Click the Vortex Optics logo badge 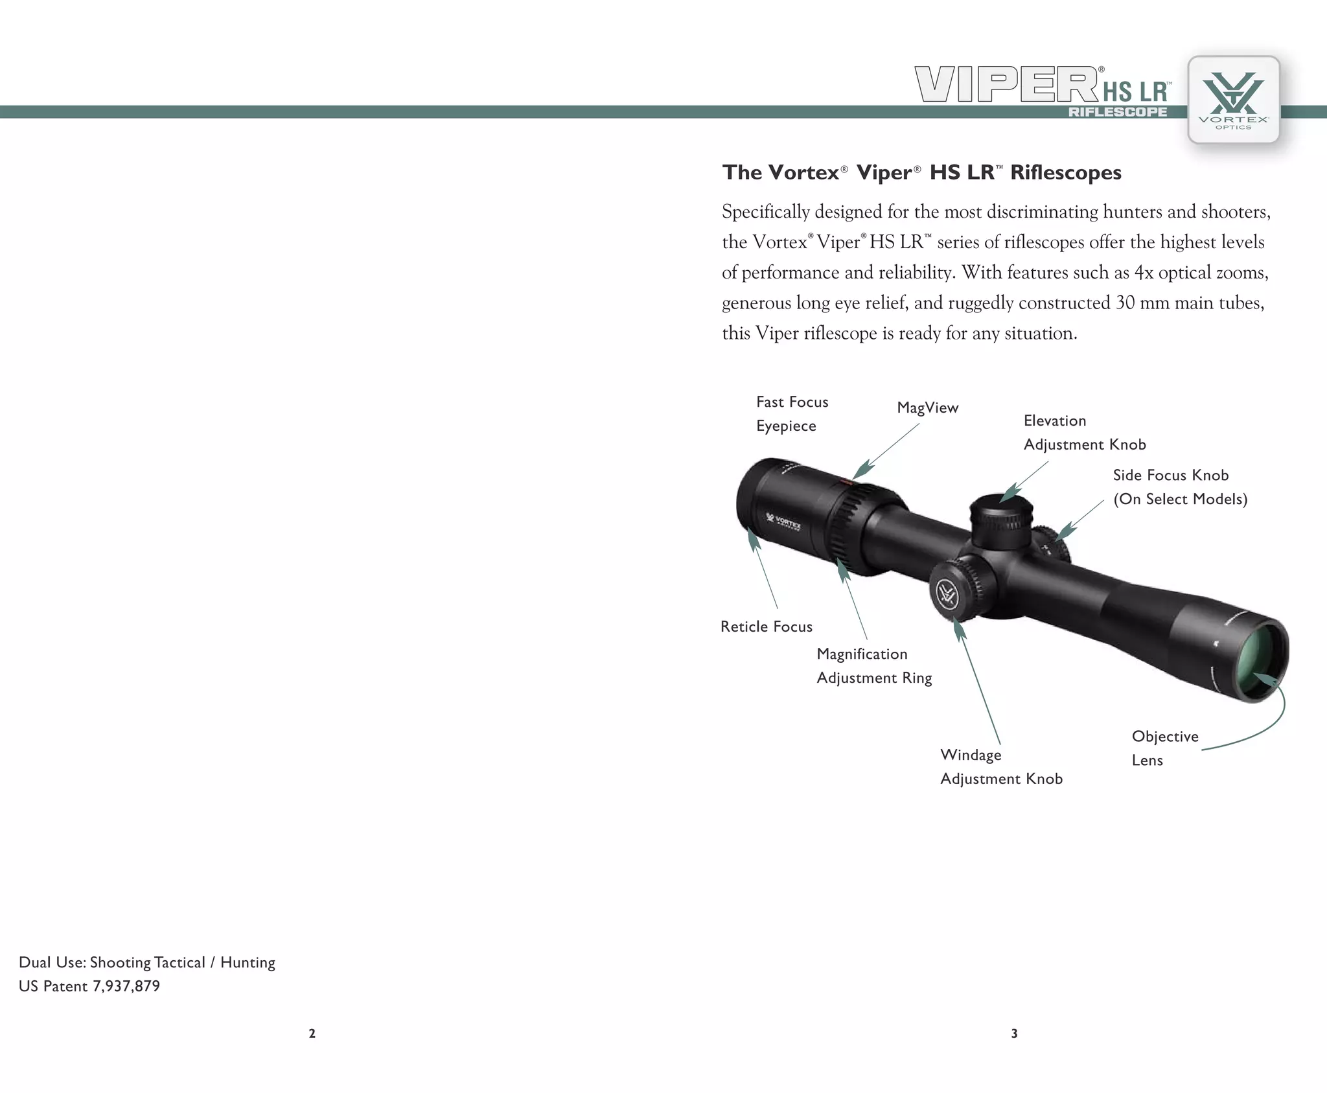1233,100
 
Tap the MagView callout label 927,408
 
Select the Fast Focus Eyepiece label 792,414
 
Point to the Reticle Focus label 766,627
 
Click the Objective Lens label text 1164,748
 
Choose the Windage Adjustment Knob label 1000,767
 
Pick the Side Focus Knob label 1179,487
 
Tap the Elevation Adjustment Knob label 1084,433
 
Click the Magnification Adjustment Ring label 873,666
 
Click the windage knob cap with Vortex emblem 947,593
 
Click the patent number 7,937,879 126,986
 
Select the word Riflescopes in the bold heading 1065,172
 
